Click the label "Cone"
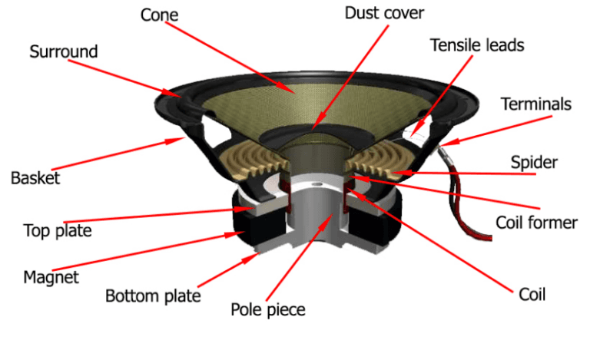159,14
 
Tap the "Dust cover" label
383,13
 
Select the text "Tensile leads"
476,45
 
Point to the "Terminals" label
535,104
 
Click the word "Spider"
533,163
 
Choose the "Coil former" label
536,223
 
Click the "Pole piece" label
268,310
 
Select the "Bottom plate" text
153,296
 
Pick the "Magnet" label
51,276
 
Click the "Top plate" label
58,230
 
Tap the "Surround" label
64,51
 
